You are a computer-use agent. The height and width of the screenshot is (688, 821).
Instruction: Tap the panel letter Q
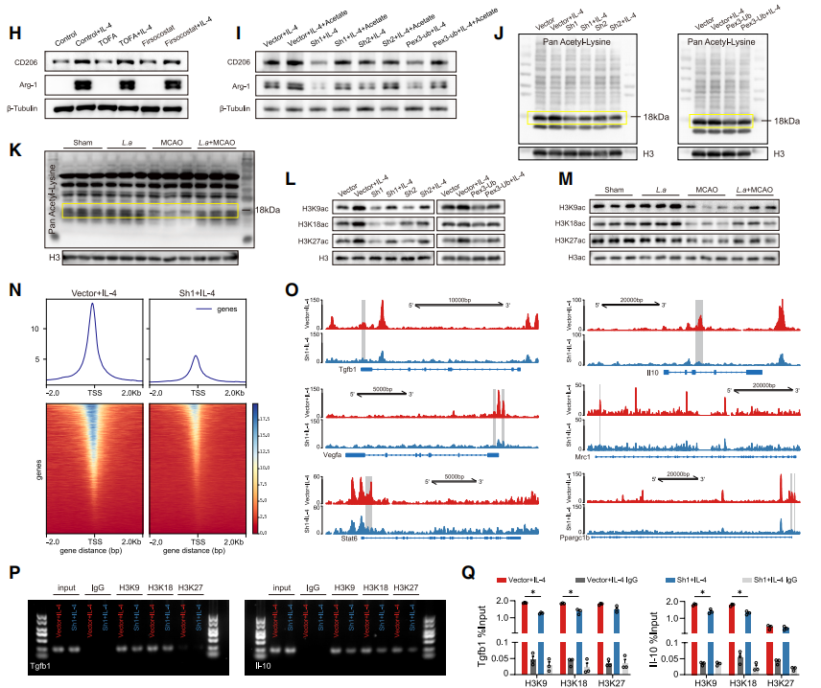[469, 571]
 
